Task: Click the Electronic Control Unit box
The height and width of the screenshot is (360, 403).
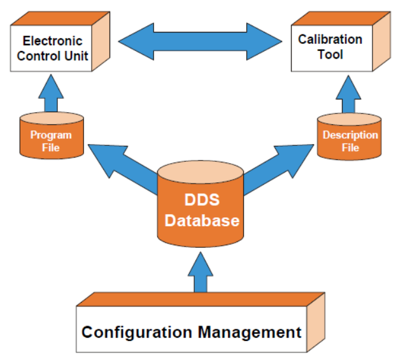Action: click(x=53, y=48)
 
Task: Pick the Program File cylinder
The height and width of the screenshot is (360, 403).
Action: click(x=51, y=136)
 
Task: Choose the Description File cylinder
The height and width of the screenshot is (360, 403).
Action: click(x=350, y=136)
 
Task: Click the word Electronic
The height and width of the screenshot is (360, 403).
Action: click(x=53, y=41)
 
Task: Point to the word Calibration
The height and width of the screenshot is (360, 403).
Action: click(x=330, y=40)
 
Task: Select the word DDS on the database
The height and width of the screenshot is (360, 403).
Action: click(x=202, y=199)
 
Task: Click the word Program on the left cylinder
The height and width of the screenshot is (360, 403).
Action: click(x=51, y=135)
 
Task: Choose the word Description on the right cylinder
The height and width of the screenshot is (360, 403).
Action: click(x=350, y=135)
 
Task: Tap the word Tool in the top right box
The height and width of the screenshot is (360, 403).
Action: click(x=330, y=55)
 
